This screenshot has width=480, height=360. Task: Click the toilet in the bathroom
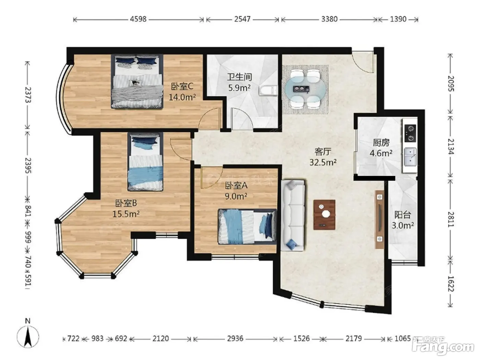click(268, 91)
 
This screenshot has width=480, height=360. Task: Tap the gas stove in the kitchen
click(410, 133)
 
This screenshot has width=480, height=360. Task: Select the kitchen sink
click(410, 157)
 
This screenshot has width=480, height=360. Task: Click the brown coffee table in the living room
click(324, 215)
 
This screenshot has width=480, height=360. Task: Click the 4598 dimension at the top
click(138, 19)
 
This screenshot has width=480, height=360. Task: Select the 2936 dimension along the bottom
click(235, 339)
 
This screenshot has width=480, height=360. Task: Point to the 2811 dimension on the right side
click(451, 219)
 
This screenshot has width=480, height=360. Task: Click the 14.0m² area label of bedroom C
click(182, 97)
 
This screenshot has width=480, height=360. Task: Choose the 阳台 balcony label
click(403, 215)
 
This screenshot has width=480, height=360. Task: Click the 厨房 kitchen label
click(381, 143)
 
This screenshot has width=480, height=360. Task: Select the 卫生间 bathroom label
click(239, 77)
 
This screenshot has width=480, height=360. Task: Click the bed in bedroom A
click(247, 226)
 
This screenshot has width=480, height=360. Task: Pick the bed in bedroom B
click(145, 162)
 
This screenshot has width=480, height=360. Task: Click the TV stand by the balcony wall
click(380, 219)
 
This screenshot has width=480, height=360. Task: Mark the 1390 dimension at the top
click(398, 19)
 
